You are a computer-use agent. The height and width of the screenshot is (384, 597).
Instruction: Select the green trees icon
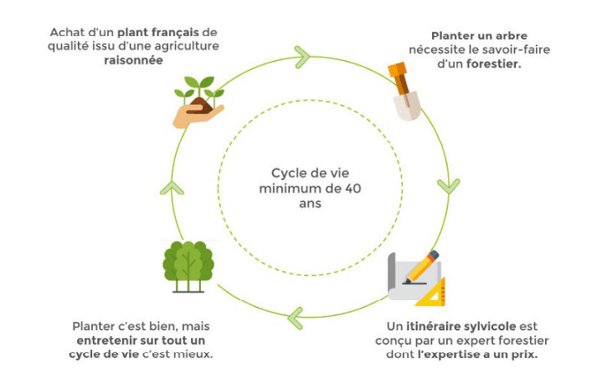point(187,266)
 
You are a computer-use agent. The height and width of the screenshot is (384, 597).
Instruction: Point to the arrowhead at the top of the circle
point(302,57)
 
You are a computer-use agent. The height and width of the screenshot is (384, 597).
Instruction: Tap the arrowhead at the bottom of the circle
point(295,316)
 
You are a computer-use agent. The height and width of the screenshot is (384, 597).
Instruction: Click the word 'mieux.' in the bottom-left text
point(193,354)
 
